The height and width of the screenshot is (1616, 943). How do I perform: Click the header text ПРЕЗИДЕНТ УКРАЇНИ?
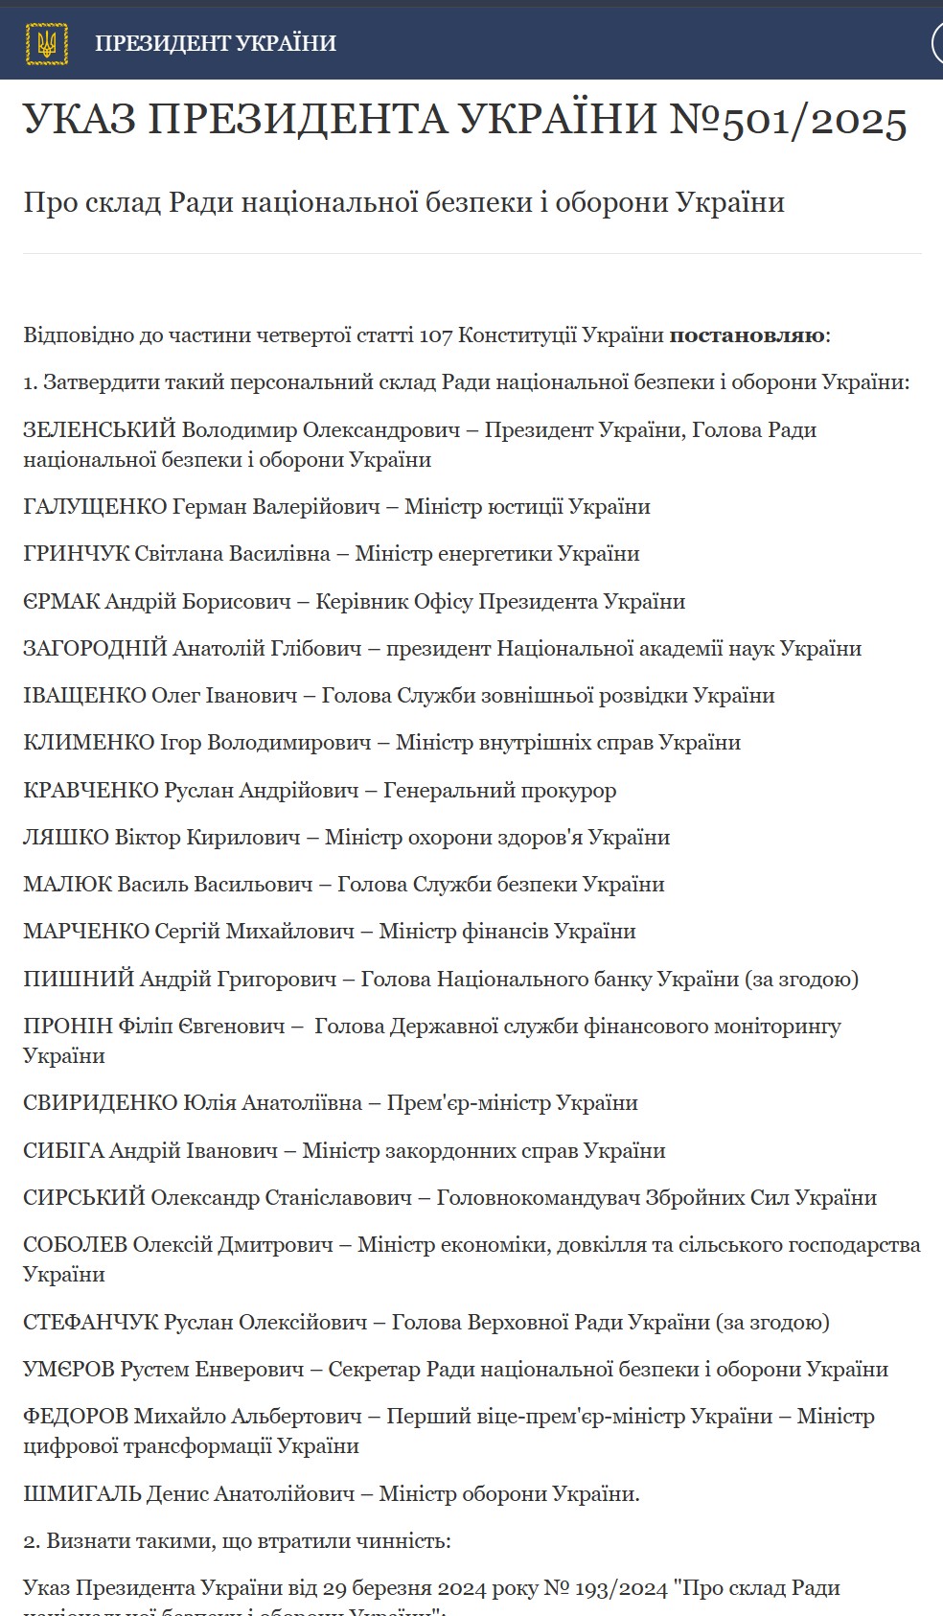216,43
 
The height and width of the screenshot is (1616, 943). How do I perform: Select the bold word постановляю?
747,335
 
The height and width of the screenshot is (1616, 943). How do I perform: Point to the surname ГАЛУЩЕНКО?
95,506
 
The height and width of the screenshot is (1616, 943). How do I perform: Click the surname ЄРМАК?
61,601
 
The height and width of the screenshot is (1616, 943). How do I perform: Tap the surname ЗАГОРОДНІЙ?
95,648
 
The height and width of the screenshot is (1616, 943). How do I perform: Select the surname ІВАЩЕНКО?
84,695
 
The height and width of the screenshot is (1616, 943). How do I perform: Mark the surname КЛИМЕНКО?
88,742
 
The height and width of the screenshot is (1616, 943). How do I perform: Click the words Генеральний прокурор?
499,790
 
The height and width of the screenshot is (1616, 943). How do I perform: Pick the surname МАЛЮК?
67,884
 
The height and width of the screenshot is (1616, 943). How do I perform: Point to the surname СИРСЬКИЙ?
84,1197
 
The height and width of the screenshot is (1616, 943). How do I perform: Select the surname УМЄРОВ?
69,1369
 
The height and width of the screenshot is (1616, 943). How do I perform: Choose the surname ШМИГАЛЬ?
81,1493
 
